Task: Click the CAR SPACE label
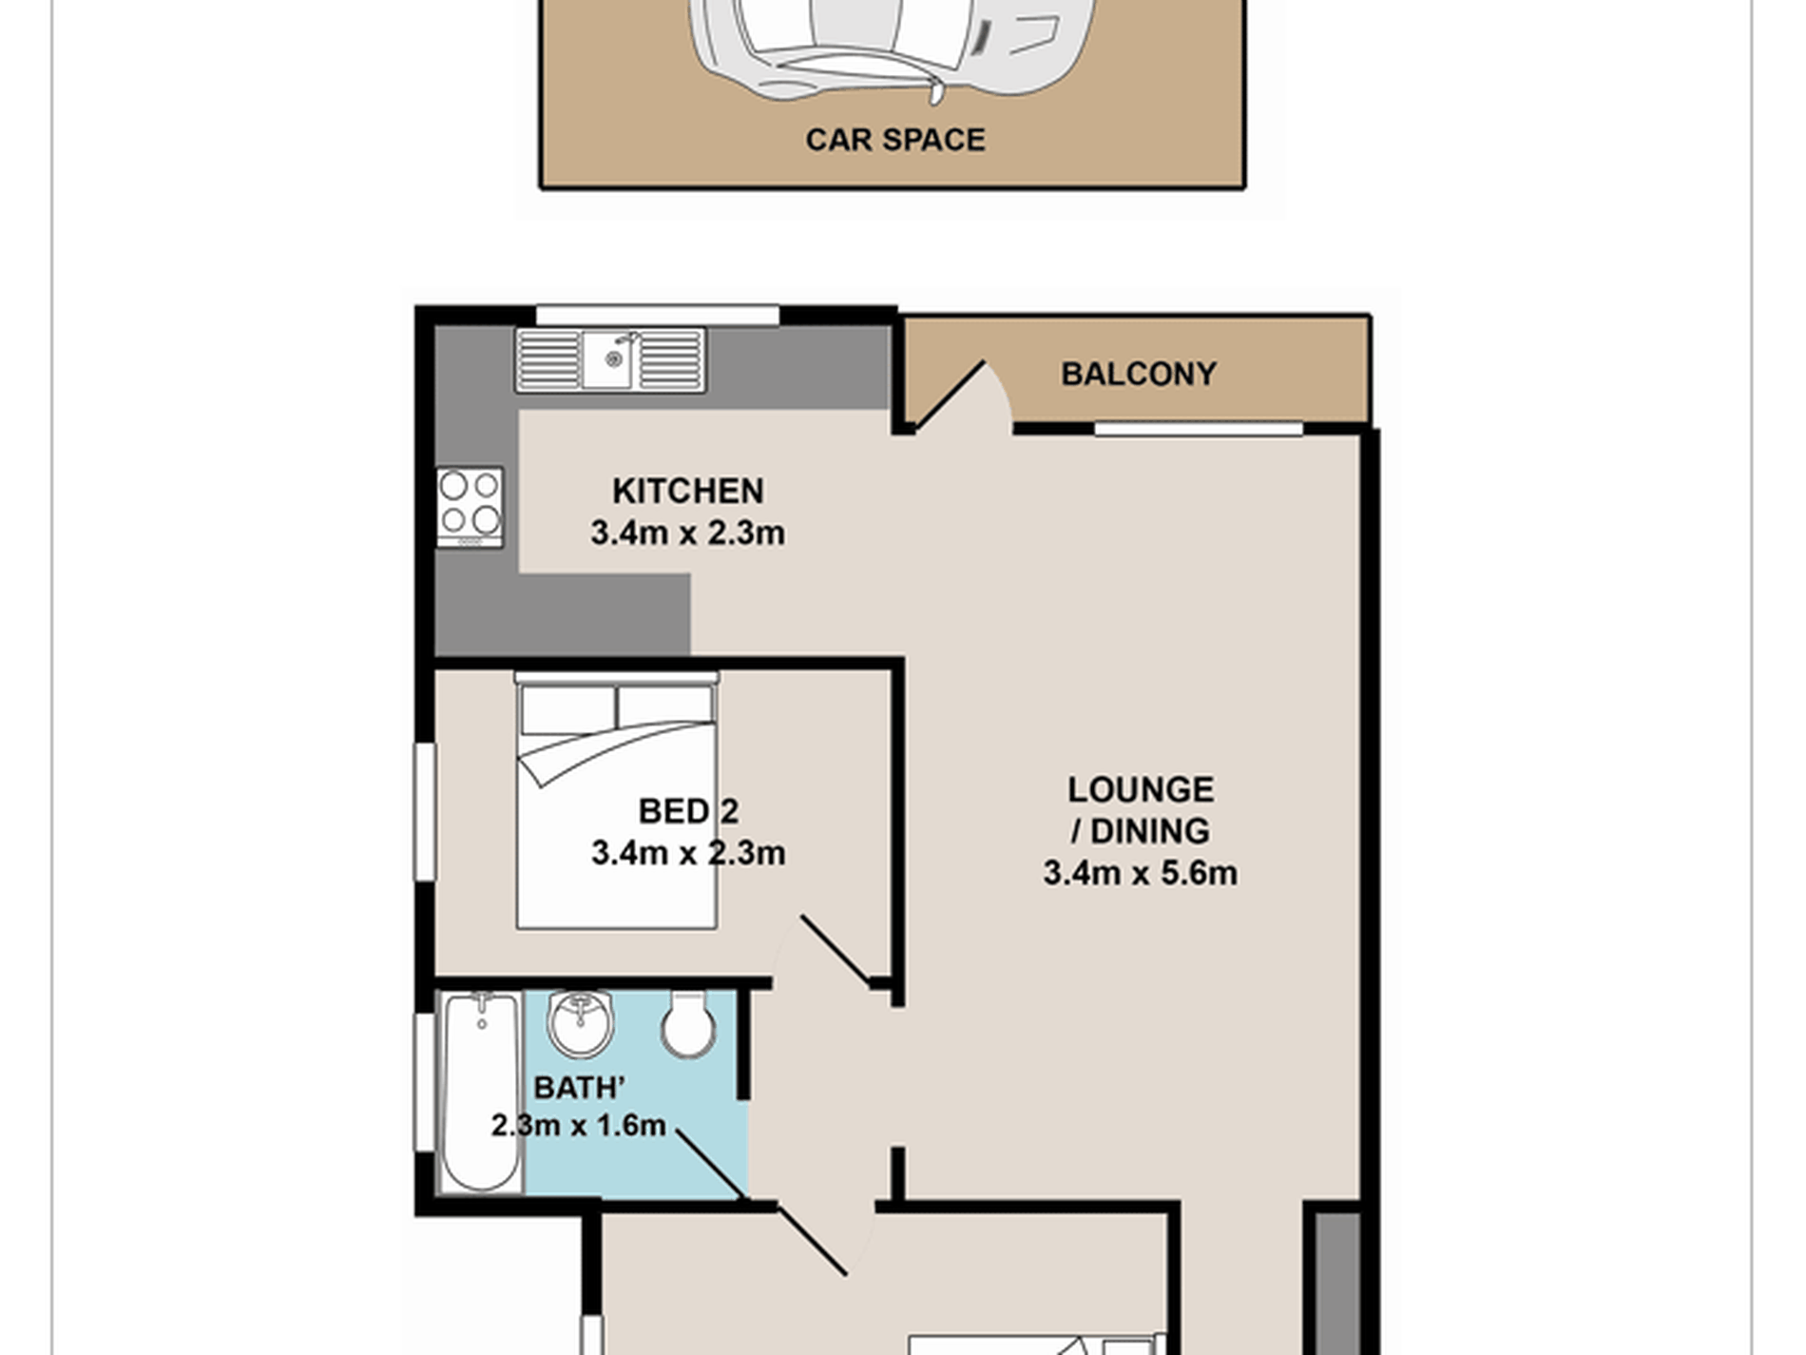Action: pyautogui.click(x=895, y=140)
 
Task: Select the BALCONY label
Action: pyautogui.click(x=1139, y=374)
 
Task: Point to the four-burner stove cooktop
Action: pyautogui.click(x=470, y=507)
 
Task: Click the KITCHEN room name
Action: pyautogui.click(x=688, y=491)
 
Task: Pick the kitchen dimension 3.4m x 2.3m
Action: pyautogui.click(x=688, y=532)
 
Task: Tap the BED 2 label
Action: pyautogui.click(x=688, y=811)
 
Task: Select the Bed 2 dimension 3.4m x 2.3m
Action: pyautogui.click(x=688, y=853)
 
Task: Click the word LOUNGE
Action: pyautogui.click(x=1141, y=789)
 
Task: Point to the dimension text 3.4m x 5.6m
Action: pyautogui.click(x=1141, y=873)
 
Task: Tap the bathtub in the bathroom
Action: pyautogui.click(x=482, y=1092)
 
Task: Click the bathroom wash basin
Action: pyautogui.click(x=580, y=1022)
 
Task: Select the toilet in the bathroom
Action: pyautogui.click(x=688, y=1025)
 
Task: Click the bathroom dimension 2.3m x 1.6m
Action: pyautogui.click(x=578, y=1126)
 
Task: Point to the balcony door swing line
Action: pyautogui.click(x=951, y=394)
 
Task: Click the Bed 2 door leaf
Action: pyautogui.click(x=836, y=950)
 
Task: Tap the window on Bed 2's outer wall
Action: pyautogui.click(x=426, y=811)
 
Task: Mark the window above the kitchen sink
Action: pyautogui.click(x=658, y=315)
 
